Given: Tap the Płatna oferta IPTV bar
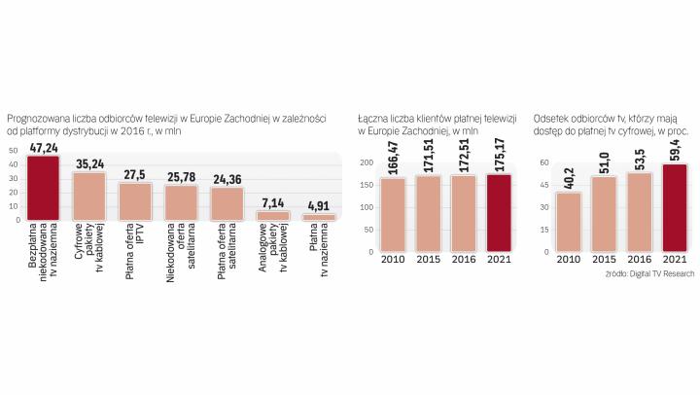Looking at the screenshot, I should pos(135,201).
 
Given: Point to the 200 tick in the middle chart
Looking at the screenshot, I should pos(367,162).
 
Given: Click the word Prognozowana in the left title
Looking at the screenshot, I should pos(36,118).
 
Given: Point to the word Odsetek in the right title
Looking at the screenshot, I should pos(552,118).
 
